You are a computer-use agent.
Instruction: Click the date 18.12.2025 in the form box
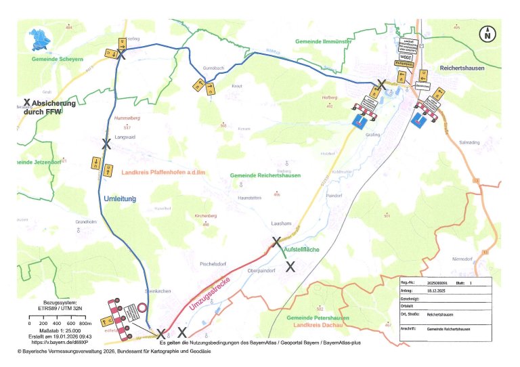coord(439,289)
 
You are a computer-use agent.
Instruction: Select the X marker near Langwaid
coord(106,144)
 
